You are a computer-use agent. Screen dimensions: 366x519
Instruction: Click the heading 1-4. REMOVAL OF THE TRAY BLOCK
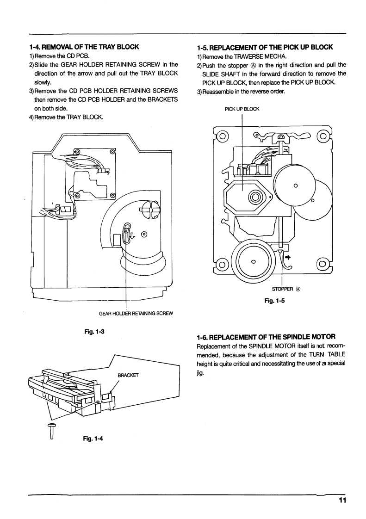coord(84,47)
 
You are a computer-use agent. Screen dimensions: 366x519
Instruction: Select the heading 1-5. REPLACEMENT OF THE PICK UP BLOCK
coord(265,47)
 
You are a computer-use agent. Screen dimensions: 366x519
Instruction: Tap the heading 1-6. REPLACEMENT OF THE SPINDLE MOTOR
coord(266,337)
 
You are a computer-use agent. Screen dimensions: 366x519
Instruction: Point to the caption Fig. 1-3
coord(94,331)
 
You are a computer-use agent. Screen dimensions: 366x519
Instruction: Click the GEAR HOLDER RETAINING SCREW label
coord(136,313)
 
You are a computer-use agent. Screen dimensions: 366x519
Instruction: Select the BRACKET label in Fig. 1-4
coord(128,375)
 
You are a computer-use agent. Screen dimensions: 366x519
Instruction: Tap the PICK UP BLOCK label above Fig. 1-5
coord(242,109)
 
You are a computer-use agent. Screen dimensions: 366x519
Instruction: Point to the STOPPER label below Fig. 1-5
coord(286,289)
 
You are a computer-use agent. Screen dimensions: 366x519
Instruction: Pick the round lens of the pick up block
coord(256,197)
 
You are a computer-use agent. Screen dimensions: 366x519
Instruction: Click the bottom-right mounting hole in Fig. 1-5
coord(322,265)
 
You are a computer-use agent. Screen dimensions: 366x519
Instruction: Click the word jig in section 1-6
coord(200,372)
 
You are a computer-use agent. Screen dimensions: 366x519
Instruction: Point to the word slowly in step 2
coord(43,82)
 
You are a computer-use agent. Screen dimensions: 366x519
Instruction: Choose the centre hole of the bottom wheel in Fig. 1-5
coord(254,261)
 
